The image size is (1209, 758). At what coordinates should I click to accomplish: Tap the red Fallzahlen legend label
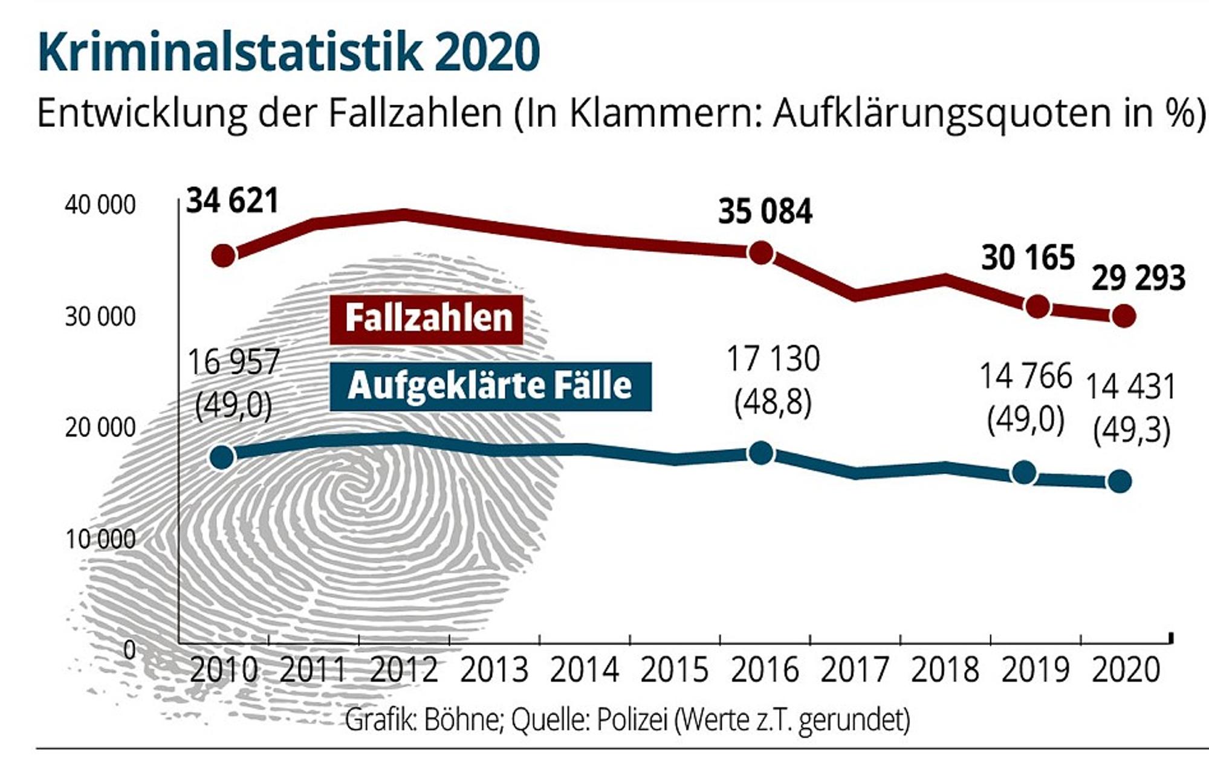(x=427, y=319)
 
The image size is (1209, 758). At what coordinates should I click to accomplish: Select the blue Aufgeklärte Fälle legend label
(x=491, y=386)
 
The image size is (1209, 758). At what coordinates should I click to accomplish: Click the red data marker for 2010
(x=223, y=256)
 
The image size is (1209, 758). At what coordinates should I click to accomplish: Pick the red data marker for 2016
(x=760, y=252)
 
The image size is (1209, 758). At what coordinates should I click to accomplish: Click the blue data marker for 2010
(x=222, y=457)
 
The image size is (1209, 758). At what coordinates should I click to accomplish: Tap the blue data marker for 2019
(x=1024, y=473)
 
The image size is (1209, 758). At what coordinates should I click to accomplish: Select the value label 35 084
(x=765, y=212)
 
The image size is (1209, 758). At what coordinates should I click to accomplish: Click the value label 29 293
(x=1138, y=279)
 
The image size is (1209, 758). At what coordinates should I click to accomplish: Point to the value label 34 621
(x=233, y=201)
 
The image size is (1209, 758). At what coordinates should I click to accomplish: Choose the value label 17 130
(x=773, y=358)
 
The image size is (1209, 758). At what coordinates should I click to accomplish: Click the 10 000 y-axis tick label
(x=100, y=539)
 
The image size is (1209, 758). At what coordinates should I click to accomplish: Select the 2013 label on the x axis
(x=494, y=670)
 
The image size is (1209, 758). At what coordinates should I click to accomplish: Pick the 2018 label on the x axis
(x=945, y=670)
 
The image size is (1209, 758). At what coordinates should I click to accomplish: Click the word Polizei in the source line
(x=632, y=720)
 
